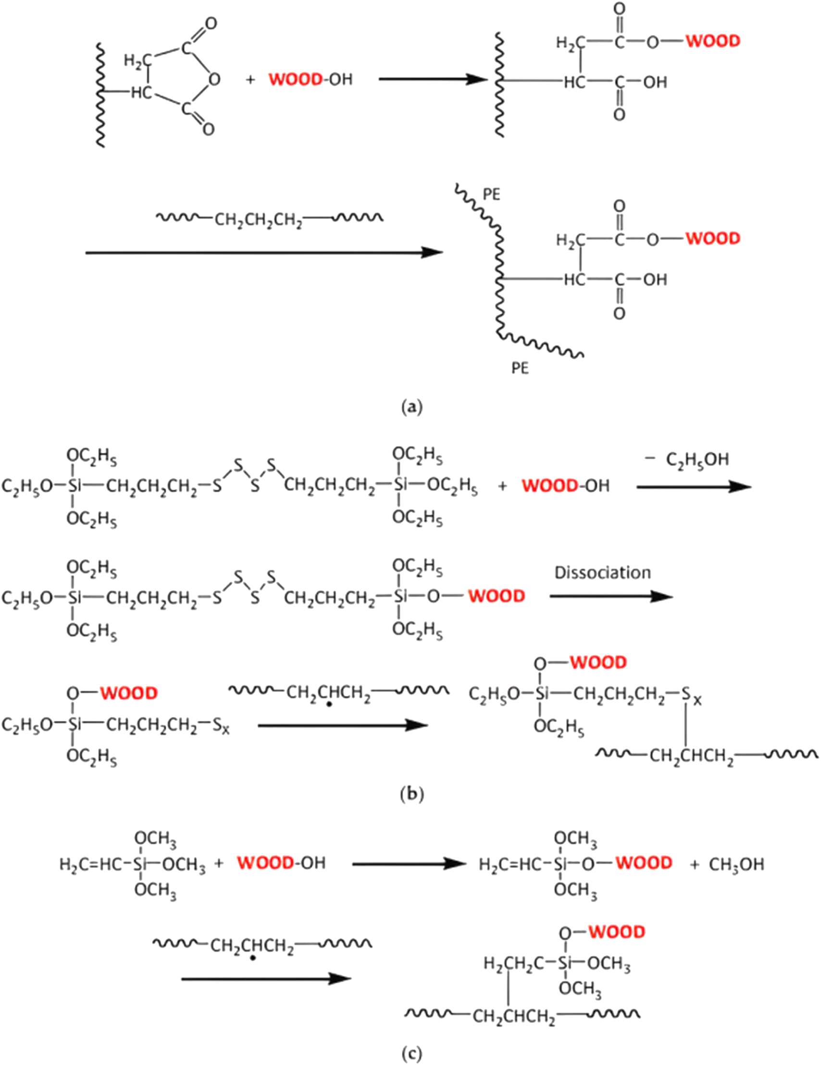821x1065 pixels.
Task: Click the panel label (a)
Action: [411, 406]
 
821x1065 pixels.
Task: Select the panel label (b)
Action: [411, 795]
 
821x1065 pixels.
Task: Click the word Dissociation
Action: [602, 573]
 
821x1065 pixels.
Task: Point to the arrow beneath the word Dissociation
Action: [611, 596]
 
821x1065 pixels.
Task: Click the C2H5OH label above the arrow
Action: [697, 460]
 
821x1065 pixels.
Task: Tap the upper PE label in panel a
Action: [491, 195]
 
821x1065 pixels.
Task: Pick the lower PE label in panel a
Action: [520, 368]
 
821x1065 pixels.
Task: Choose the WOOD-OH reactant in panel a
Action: [310, 79]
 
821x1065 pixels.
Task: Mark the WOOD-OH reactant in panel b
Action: [565, 486]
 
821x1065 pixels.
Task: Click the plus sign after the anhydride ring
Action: [250, 79]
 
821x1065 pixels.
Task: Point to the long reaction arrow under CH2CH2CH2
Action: [264, 252]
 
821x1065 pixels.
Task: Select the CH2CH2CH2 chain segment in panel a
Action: [259, 220]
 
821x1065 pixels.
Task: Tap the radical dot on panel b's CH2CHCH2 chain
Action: [329, 705]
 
